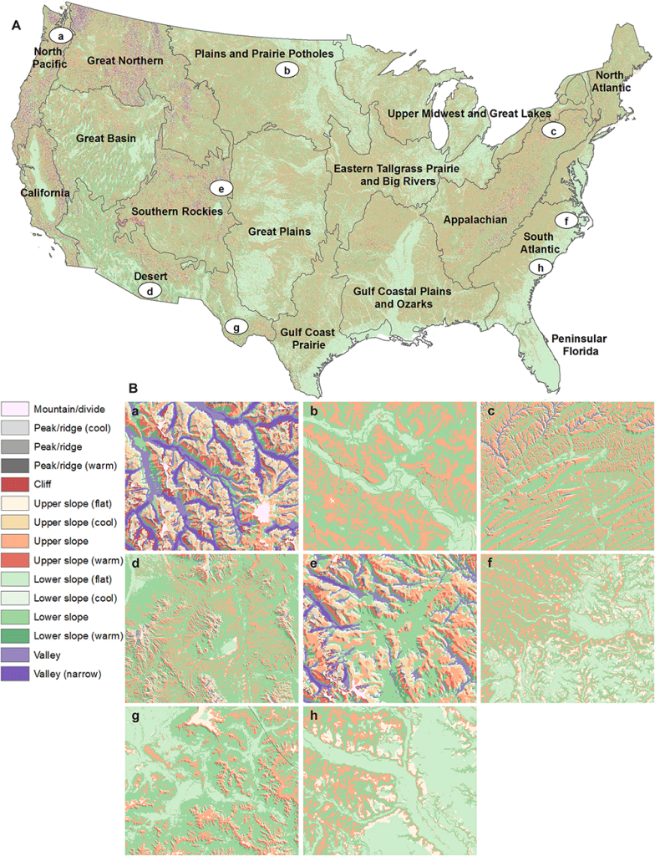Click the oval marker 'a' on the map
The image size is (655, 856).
coord(61,36)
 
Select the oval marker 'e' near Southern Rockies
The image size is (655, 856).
coord(221,188)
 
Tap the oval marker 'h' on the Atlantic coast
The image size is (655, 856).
coord(541,267)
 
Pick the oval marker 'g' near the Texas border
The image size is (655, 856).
coord(236,328)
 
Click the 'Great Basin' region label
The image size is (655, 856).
coord(106,139)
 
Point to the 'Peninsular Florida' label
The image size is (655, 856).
coord(578,345)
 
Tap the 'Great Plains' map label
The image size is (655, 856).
coord(279,232)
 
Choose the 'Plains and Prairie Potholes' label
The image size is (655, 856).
coord(264,53)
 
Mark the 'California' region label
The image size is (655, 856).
coord(45,193)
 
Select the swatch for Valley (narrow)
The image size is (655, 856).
coord(15,673)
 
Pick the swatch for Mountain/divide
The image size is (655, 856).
coord(15,410)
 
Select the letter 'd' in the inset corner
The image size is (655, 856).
coord(134,564)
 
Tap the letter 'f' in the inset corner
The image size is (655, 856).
coord(489,564)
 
